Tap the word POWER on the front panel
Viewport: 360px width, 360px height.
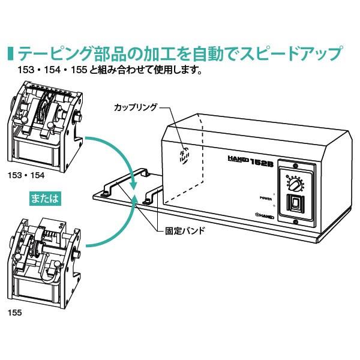click(x=265, y=197)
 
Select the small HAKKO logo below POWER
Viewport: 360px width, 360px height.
click(x=265, y=213)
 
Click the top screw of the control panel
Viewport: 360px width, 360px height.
click(x=296, y=166)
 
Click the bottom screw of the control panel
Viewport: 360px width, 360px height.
click(x=296, y=223)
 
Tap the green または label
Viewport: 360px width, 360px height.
click(x=45, y=198)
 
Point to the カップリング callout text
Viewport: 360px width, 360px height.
click(x=135, y=107)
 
